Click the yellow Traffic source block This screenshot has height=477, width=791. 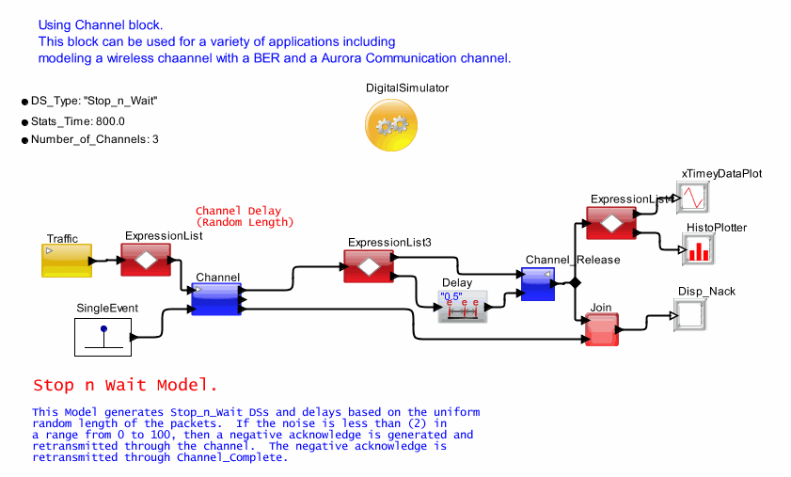(67, 261)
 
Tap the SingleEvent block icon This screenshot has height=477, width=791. (103, 337)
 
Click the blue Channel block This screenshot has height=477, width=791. (216, 299)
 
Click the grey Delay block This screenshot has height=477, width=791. (463, 307)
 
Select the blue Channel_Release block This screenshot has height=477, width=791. (538, 284)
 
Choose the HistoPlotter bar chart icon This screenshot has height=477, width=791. (698, 250)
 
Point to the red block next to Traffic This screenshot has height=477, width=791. (146, 259)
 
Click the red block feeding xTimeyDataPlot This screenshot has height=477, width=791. (611, 224)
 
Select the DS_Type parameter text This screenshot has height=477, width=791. (93, 101)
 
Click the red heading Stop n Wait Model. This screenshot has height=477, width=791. (125, 386)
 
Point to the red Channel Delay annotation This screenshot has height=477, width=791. (245, 216)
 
